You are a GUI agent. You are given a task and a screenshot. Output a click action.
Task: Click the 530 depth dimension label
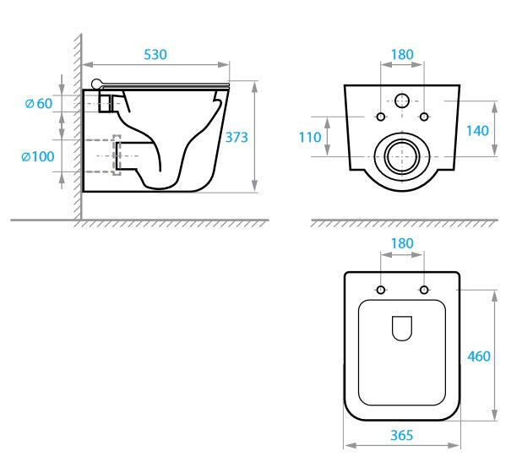pos(155,54)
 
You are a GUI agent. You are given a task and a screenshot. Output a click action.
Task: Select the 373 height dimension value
pos(236,137)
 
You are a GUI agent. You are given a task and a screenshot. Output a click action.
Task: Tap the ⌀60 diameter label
pos(39,103)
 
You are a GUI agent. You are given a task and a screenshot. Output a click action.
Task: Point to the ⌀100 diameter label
pos(38,156)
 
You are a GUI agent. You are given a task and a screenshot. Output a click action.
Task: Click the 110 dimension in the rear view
pos(310,137)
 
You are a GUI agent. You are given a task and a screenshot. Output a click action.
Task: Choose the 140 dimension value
pos(477,130)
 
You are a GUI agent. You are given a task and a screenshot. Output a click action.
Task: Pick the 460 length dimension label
pos(478,356)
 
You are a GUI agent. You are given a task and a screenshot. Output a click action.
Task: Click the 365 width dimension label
pos(402,436)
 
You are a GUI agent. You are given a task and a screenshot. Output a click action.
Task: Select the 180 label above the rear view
pos(402,54)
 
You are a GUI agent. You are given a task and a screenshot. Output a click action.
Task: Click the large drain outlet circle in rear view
pos(402,156)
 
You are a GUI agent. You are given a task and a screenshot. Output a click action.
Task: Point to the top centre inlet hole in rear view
pos(402,101)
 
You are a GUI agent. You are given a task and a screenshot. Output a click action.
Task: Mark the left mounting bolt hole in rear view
pos(380,116)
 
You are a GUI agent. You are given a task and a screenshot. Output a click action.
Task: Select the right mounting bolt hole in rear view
pos(425,116)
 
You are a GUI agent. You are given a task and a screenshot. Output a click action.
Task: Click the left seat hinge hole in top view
pos(380,291)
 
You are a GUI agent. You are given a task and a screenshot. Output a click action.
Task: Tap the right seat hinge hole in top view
pos(425,291)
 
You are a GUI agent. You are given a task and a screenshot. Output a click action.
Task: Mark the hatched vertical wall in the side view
pos(76,127)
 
